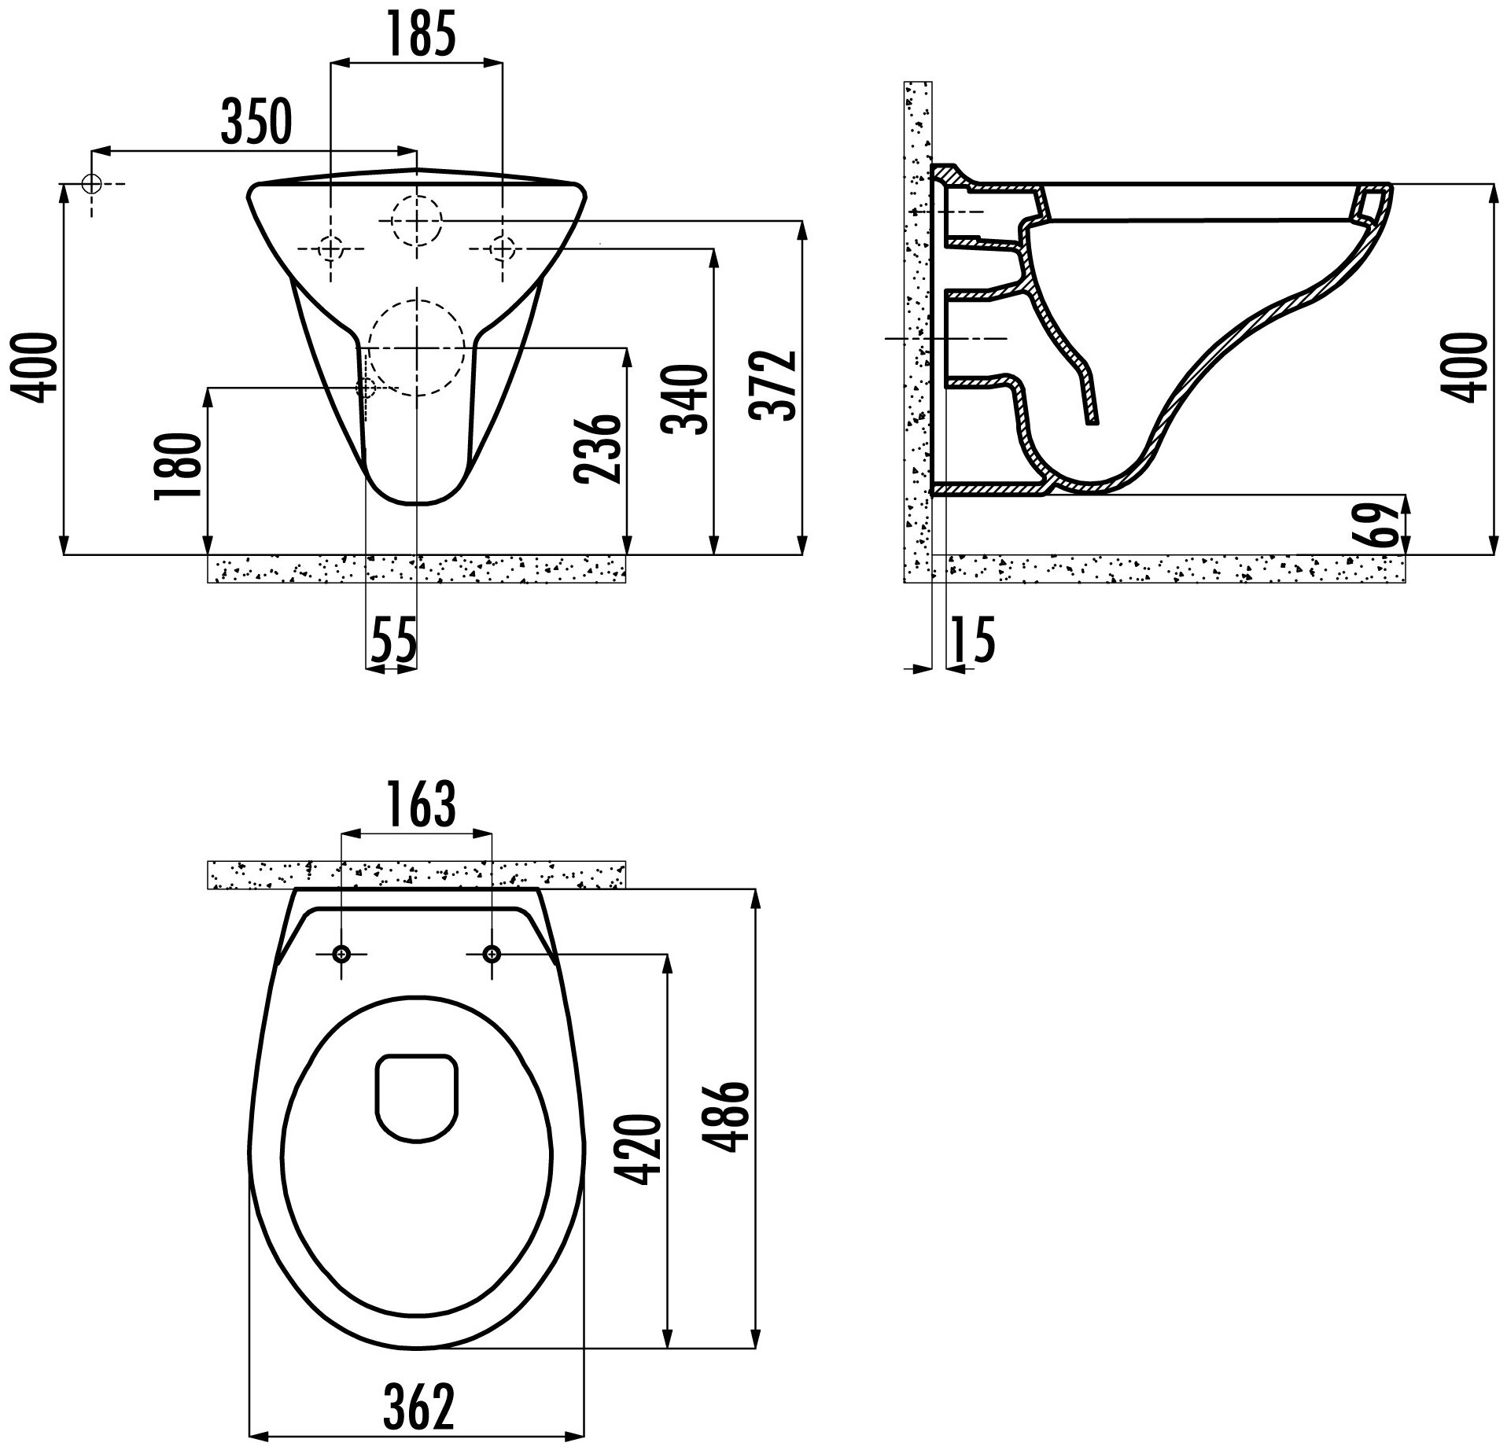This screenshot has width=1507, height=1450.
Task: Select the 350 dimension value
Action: click(x=256, y=121)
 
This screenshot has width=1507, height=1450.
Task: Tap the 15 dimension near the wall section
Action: click(x=972, y=639)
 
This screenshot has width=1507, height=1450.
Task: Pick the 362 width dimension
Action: click(x=418, y=1407)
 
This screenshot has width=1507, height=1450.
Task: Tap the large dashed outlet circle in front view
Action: click(x=416, y=348)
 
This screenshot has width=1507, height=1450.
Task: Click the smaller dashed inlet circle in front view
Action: click(x=417, y=221)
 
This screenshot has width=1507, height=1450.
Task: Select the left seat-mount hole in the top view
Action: click(x=341, y=954)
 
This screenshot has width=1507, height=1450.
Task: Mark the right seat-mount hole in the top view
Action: click(x=492, y=954)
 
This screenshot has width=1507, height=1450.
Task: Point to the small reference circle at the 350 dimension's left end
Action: click(x=92, y=184)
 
